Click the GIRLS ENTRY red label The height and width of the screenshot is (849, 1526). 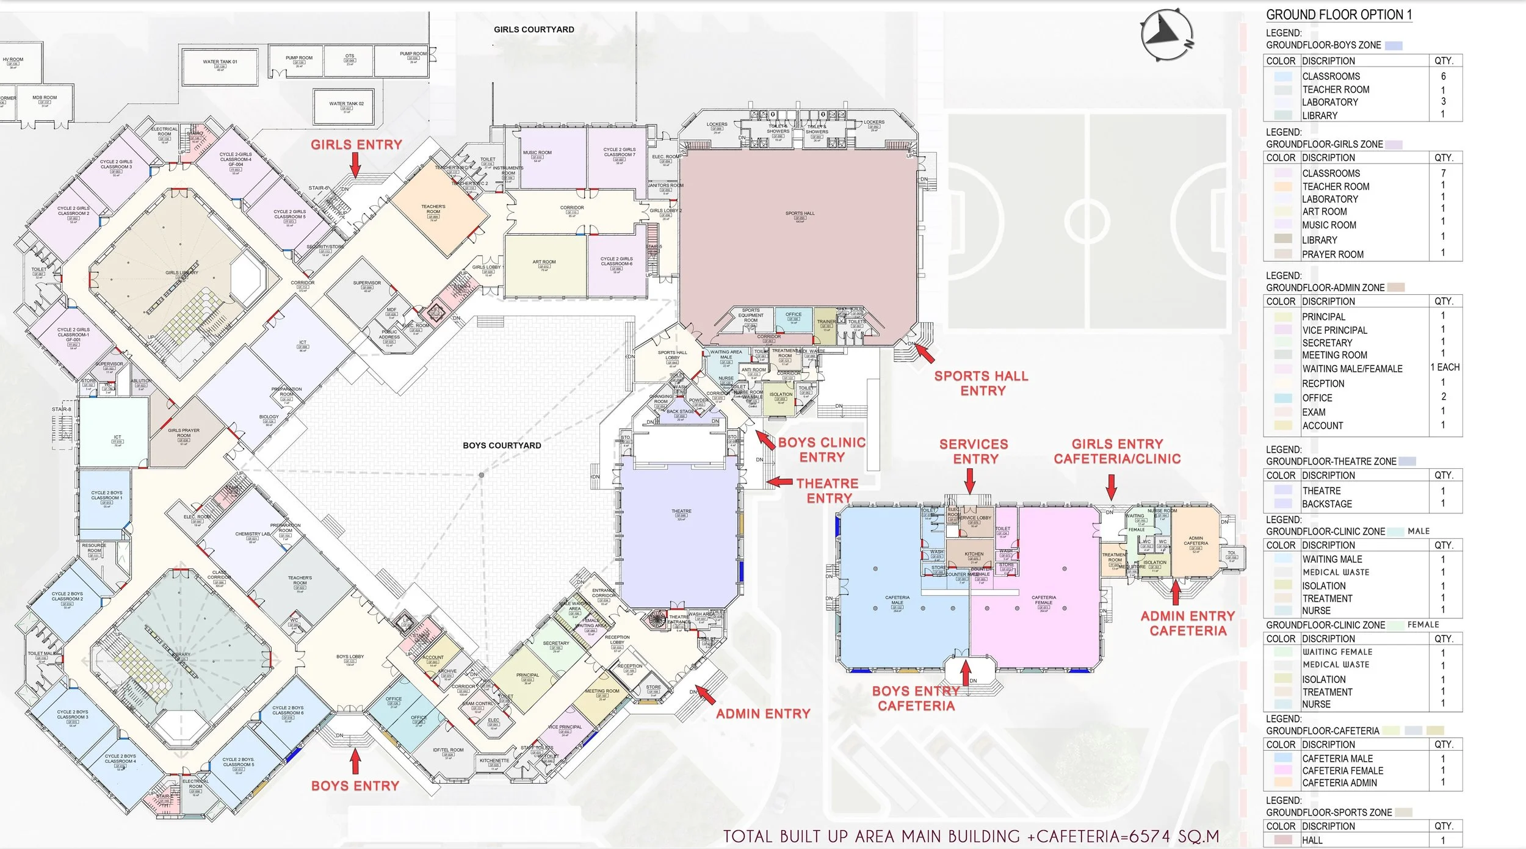(356, 145)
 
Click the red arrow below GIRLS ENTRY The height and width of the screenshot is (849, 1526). (355, 164)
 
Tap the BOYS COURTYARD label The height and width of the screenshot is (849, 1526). (502, 446)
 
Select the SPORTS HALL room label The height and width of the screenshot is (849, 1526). (800, 214)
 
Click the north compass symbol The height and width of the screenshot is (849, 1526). (1166, 34)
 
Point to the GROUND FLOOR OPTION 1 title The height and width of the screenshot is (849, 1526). (1339, 15)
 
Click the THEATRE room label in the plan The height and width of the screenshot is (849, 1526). (681, 511)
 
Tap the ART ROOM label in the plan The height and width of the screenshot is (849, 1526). (544, 262)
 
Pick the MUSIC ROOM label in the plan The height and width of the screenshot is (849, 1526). (537, 153)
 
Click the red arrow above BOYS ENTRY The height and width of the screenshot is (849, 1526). (355, 760)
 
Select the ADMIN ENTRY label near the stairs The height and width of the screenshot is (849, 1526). (763, 714)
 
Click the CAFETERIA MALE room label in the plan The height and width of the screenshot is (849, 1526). (897, 600)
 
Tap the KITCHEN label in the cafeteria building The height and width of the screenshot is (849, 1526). (974, 554)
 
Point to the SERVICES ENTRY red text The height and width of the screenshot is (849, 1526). (974, 452)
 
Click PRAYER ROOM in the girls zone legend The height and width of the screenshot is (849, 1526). (1333, 255)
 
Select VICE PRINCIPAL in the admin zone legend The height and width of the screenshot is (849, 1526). (1334, 330)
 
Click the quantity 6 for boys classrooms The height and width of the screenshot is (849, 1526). (1443, 76)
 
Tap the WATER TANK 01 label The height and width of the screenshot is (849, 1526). (220, 62)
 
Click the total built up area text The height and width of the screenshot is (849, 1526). (971, 836)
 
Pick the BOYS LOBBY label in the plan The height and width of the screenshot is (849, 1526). (350, 657)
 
